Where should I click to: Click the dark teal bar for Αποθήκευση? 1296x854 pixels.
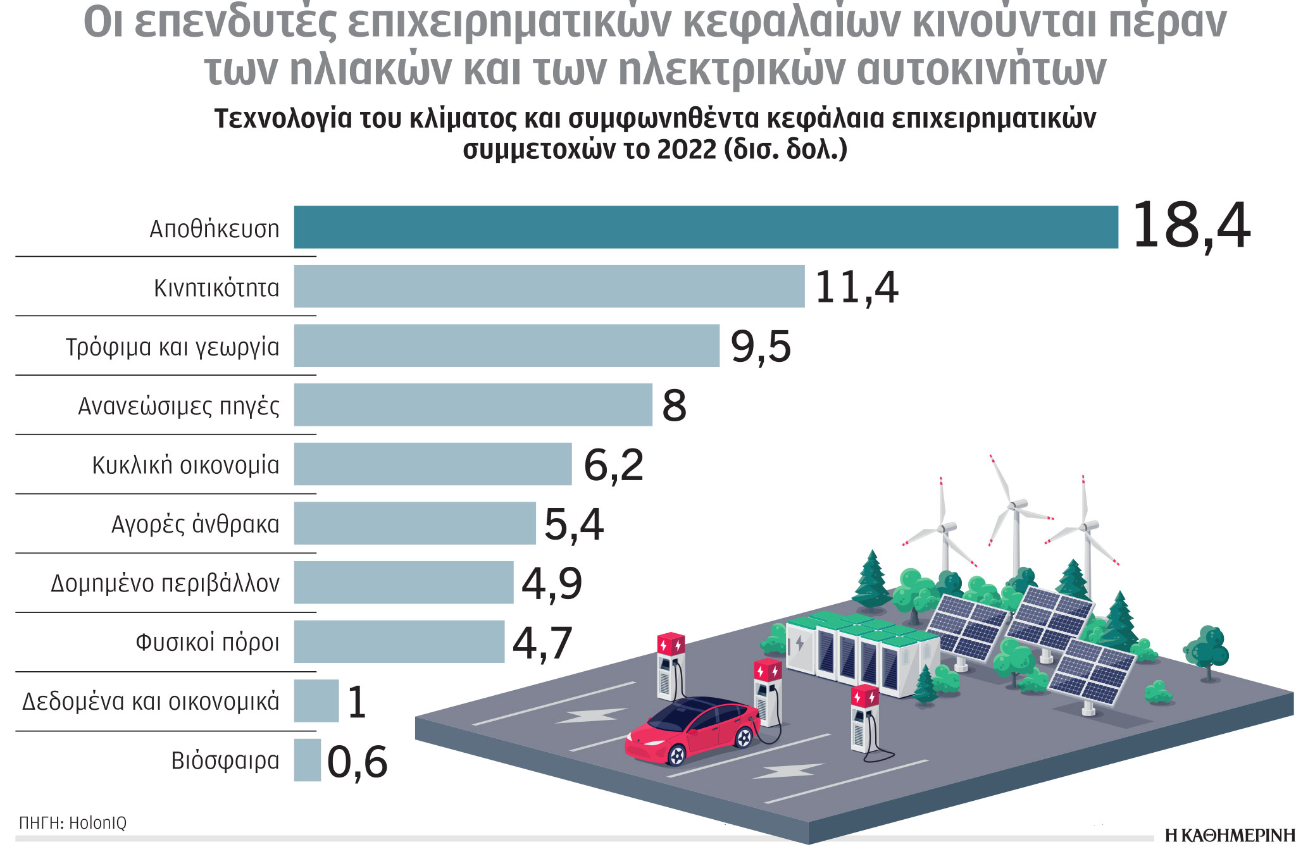706,227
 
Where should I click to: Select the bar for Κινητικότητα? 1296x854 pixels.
549,287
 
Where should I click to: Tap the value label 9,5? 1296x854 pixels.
761,347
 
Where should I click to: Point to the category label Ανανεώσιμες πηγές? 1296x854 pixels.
178,405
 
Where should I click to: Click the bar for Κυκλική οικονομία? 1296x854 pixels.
432,464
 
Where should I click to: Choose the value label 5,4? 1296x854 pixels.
574,524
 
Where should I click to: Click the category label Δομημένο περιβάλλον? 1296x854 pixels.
165,583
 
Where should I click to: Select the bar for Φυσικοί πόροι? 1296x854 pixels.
399,641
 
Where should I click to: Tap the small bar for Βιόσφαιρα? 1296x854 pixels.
307,760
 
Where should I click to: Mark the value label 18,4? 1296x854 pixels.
1190,226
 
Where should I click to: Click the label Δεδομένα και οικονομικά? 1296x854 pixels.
151,701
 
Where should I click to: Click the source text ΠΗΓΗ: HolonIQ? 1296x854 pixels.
73,822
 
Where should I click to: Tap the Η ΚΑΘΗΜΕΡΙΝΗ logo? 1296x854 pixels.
1230,836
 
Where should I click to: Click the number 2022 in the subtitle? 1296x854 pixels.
687,150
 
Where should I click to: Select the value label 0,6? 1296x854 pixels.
357,762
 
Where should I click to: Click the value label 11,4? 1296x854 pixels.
856,288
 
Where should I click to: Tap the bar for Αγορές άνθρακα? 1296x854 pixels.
414,523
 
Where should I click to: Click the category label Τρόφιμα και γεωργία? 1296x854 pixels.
172,347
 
